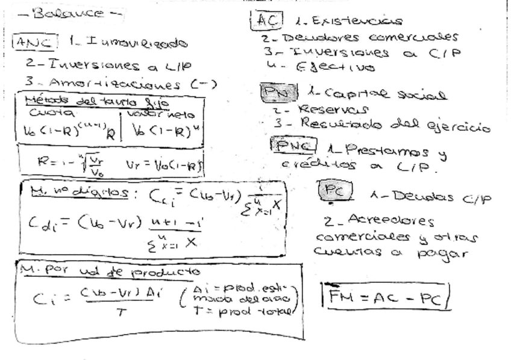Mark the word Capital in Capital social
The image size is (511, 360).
333,94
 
